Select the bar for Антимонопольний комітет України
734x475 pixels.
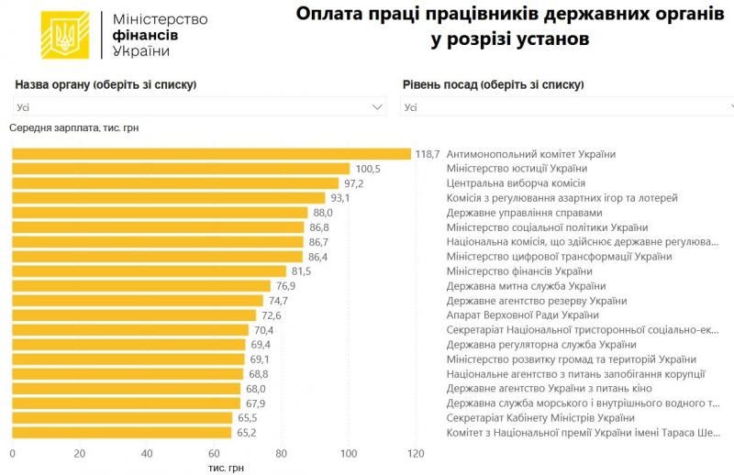point(211,154)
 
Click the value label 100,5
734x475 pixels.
point(368,169)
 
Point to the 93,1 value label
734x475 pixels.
point(341,198)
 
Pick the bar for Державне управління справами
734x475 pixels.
point(160,213)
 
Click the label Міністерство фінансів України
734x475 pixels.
point(518,271)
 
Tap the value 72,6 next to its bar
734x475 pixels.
point(270,315)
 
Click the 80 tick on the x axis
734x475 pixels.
point(282,453)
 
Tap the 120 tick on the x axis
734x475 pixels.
point(416,453)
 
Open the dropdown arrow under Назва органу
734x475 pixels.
point(377,107)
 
